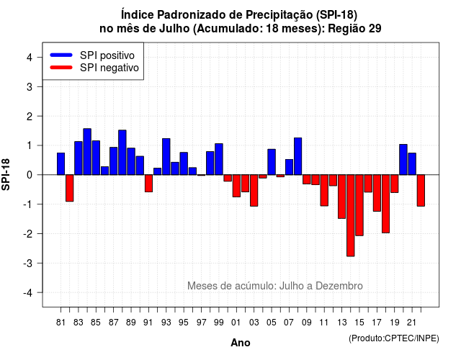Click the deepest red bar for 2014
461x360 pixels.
[351, 215]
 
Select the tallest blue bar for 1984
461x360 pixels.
[87, 152]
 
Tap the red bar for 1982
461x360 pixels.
[69, 188]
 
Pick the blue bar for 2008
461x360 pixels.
[297, 156]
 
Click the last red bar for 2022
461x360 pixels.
[421, 190]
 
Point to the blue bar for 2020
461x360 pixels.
[403, 160]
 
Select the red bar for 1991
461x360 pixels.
[148, 184]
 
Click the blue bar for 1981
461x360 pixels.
[61, 163]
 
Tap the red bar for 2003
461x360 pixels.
[254, 190]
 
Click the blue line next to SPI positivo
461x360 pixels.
[61, 55]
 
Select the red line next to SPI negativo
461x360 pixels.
[61, 67]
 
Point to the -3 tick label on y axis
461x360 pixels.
[28, 263]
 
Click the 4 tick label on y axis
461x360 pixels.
[30, 58]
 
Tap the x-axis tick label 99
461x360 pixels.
[219, 323]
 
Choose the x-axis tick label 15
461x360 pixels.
[359, 323]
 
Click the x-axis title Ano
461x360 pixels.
[241, 343]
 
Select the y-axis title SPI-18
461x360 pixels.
[6, 174]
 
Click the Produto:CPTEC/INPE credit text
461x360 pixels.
[394, 338]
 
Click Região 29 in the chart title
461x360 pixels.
[354, 29]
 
